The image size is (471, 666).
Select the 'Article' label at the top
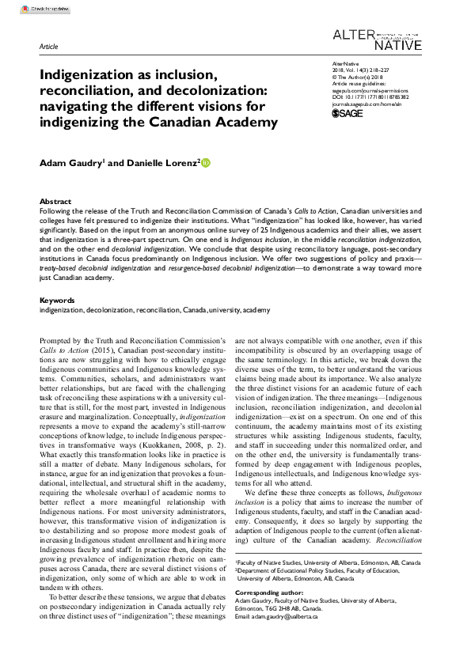tap(48, 47)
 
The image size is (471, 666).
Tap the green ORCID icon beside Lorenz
tap(207, 163)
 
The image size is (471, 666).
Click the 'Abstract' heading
tap(55, 202)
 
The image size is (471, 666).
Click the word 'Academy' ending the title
tap(246, 122)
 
